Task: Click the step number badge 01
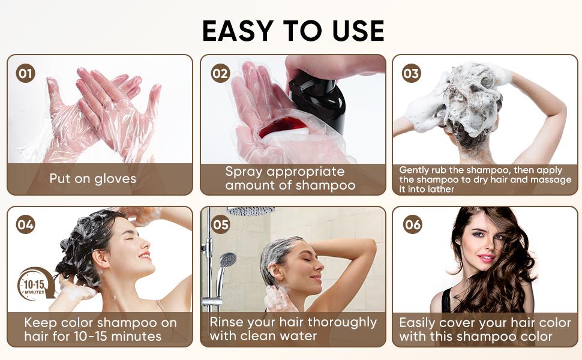point(26,73)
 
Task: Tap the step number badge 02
point(220,73)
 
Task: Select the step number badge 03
point(411,73)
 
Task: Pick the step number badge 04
point(26,224)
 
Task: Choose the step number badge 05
point(220,224)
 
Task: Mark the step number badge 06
point(413,224)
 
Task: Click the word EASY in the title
point(238,31)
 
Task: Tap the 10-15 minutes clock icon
point(35,284)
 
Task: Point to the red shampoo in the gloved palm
point(283,126)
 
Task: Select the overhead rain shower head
point(251,211)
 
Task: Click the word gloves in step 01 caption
point(115,179)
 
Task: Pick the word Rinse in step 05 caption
point(226,322)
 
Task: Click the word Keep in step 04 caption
point(40,323)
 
